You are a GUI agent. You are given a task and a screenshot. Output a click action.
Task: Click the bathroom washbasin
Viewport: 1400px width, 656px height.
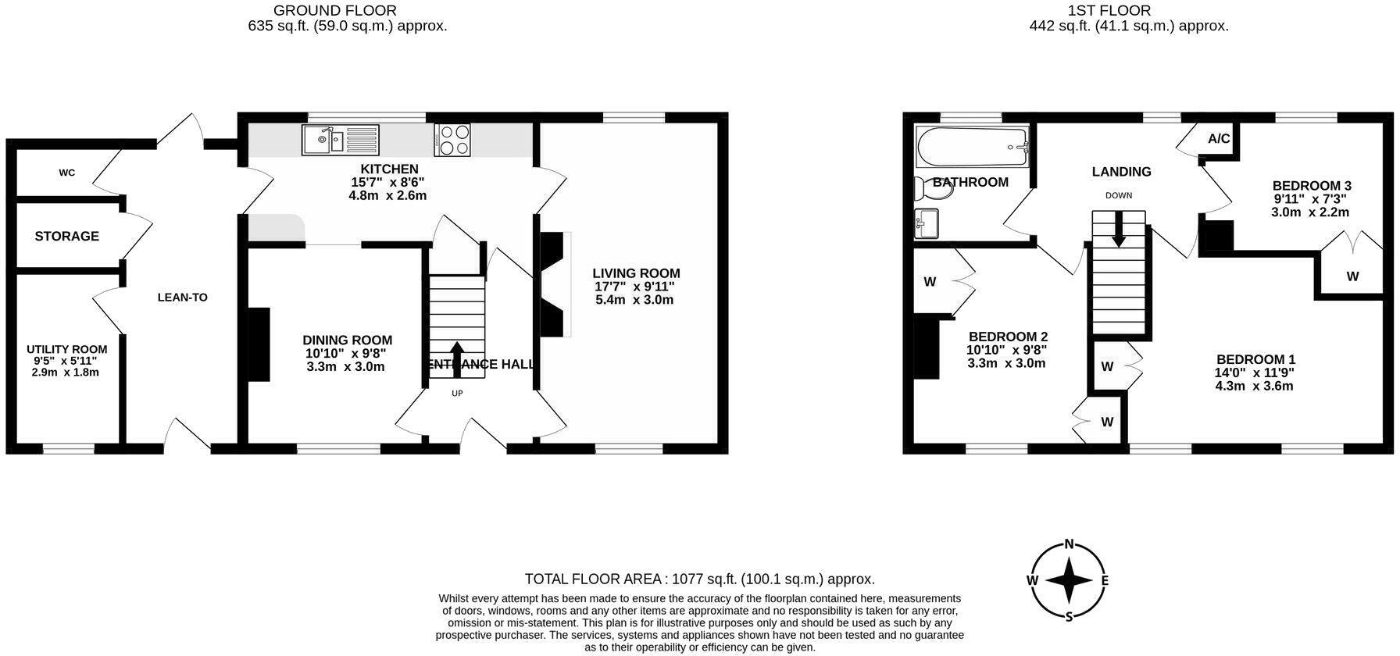coord(927,224)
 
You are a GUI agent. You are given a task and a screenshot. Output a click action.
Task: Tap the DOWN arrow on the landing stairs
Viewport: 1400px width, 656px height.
coord(1119,230)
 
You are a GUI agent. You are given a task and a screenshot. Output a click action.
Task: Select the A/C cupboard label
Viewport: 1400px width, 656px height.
coord(1219,139)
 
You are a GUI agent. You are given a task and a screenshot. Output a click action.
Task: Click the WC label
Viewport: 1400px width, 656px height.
coord(67,173)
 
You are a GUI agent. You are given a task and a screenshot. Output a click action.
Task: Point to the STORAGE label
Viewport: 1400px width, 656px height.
coord(66,236)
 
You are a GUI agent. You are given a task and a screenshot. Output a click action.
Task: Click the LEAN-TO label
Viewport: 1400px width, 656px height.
coord(182,297)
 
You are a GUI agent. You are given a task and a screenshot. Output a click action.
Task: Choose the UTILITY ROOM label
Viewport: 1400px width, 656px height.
coord(66,349)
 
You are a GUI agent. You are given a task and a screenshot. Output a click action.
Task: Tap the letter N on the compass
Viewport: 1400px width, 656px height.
coord(1070,545)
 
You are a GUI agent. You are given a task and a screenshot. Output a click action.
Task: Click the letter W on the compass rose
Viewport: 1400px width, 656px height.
coord(1033,580)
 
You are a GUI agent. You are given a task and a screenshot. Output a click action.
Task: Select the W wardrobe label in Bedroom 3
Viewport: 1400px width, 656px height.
coord(1352,276)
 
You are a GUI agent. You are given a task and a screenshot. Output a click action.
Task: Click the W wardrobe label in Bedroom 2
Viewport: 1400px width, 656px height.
coord(930,282)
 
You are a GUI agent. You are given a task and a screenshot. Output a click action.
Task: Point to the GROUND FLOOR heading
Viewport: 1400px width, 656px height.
coord(334,10)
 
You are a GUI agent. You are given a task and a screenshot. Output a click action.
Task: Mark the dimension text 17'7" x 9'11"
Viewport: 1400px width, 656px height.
coord(635,287)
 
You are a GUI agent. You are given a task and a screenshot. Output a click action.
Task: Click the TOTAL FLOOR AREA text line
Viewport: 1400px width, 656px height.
coord(699,579)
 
